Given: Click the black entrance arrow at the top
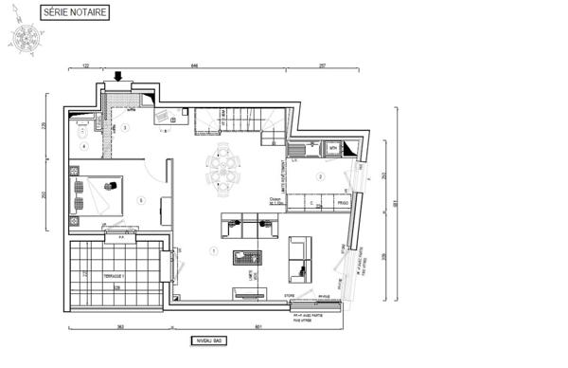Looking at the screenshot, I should point(119,77).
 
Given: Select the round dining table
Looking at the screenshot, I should point(224,168).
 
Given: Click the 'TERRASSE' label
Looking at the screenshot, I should point(115,275).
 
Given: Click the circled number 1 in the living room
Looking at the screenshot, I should point(213,251).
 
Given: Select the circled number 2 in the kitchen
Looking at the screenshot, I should point(320,177).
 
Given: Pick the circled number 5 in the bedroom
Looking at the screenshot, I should point(140,200).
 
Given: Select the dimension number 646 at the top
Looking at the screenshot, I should point(194,66).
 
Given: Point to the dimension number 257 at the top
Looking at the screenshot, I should point(322,66).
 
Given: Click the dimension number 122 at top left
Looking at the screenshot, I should point(85,66).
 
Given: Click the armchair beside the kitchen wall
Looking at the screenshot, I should point(300,256).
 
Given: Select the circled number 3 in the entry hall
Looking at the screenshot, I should point(125,128).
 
